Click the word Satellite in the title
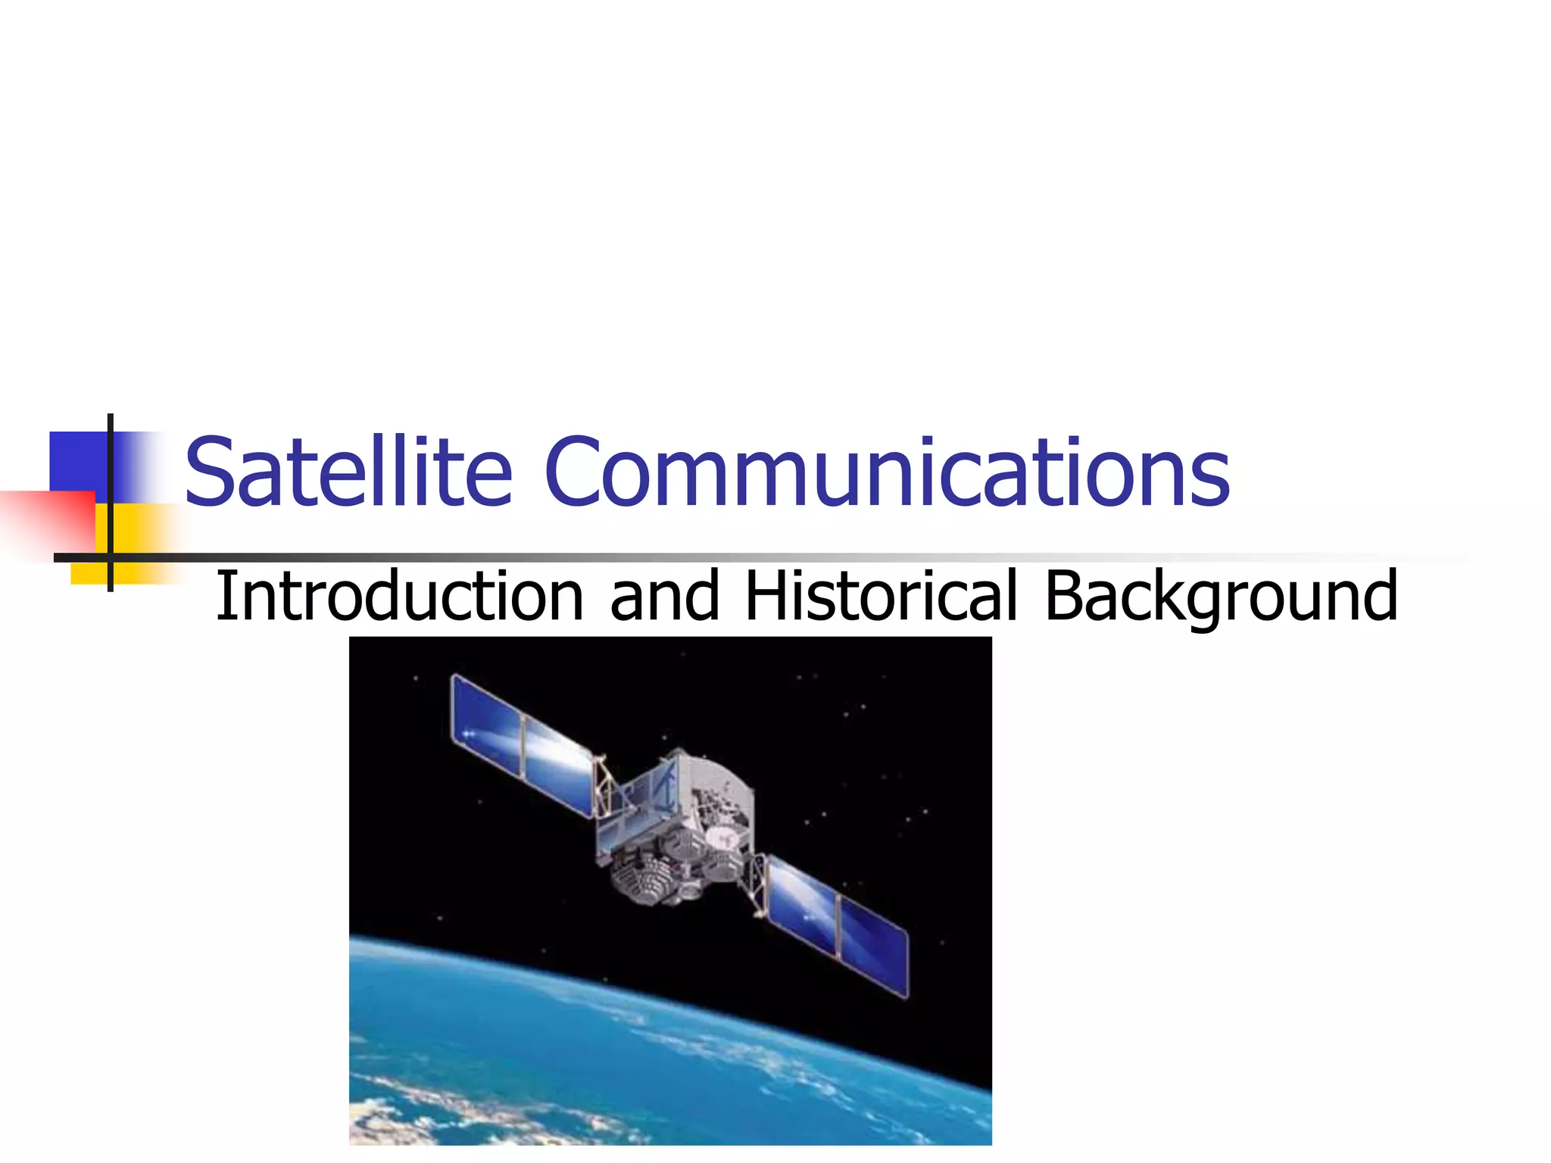pos(348,472)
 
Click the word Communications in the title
pos(886,472)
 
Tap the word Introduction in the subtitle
pos(399,597)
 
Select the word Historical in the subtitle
pos(881,597)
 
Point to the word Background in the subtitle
pos(1220,597)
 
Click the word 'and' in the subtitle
pos(664,597)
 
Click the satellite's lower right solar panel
pos(837,928)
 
